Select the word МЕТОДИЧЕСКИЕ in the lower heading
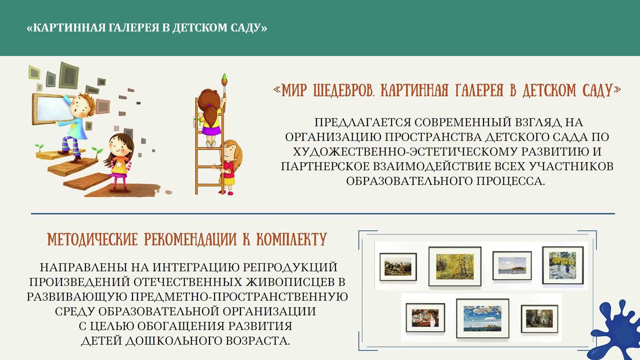pyautogui.click(x=92, y=239)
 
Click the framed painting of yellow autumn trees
pyautogui.click(x=455, y=266)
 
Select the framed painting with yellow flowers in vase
pyautogui.click(x=563, y=265)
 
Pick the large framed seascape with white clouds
pyautogui.click(x=482, y=318)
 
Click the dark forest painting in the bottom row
pyautogui.click(x=539, y=319)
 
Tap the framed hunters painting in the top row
pyautogui.click(x=398, y=266)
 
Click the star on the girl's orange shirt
pyautogui.click(x=118, y=164)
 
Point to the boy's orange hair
pyautogui.click(x=86, y=102)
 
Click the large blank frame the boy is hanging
pyautogui.click(x=52, y=109)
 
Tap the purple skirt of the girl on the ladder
pyautogui.click(x=211, y=130)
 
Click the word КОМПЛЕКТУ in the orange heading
pyautogui.click(x=291, y=239)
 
